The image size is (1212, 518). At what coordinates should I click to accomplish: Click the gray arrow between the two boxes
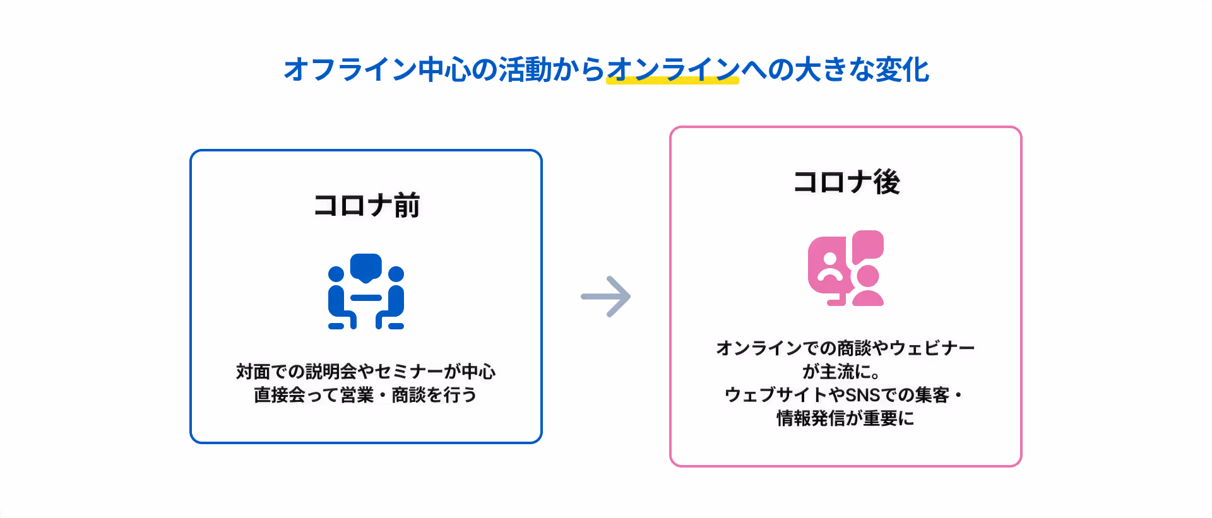[606, 296]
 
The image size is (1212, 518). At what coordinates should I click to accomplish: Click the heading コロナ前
[366, 206]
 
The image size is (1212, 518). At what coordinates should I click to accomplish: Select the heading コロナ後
[846, 182]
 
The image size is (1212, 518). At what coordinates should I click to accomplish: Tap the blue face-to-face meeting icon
[366, 291]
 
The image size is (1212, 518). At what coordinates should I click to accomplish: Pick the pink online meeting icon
[846, 268]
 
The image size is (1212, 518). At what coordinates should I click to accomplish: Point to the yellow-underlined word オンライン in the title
[672, 69]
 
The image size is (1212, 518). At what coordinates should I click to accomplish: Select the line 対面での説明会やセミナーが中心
[366, 372]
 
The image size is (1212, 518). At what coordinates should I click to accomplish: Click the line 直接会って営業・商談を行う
[366, 395]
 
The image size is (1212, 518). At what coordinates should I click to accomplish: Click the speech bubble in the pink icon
[868, 245]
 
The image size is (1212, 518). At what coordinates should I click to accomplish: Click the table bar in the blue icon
[366, 298]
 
